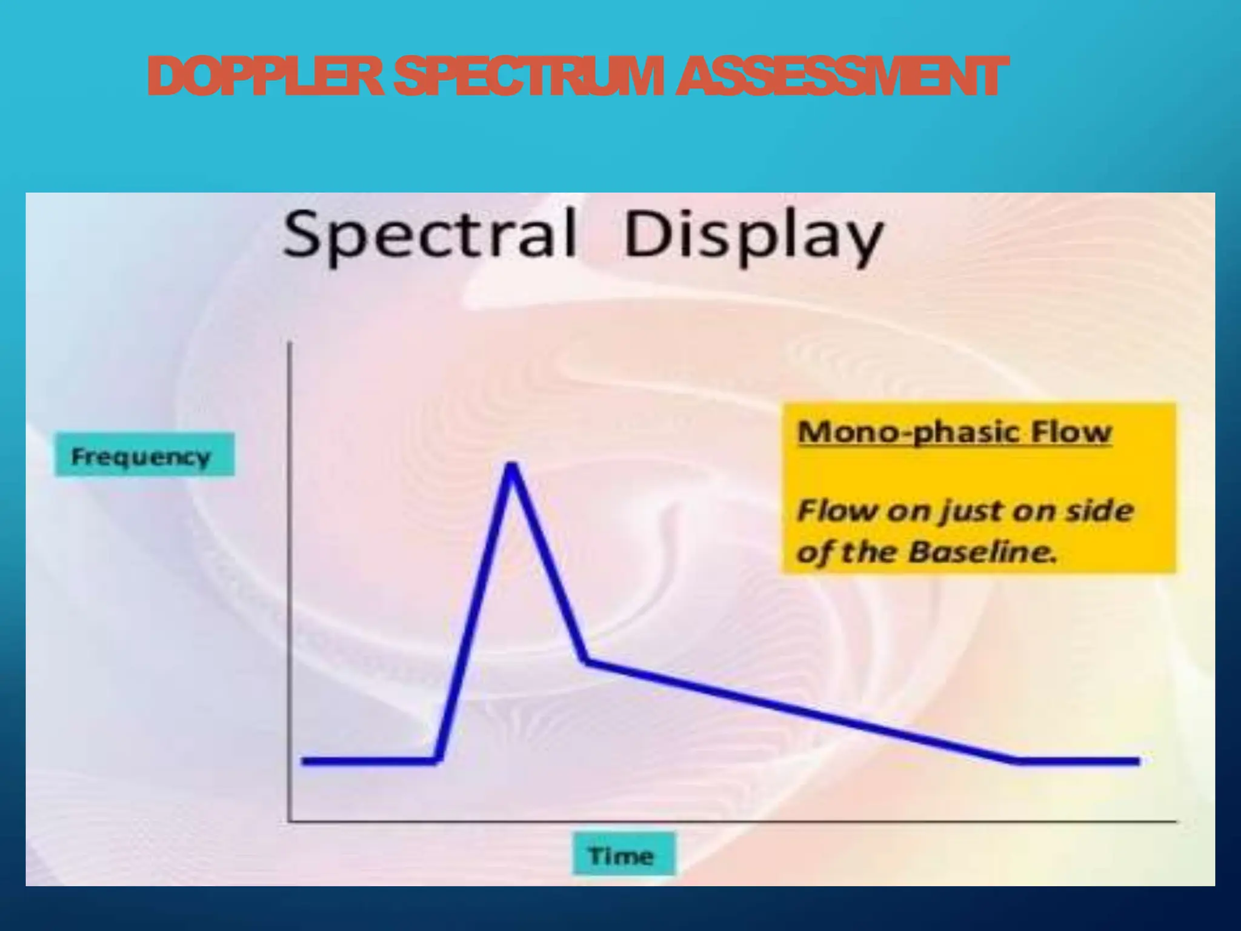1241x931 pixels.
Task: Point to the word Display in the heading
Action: pos(752,236)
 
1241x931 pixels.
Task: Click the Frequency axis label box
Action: pos(144,455)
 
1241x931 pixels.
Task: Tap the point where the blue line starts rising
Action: pos(438,761)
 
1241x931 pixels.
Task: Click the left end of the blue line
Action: pos(304,761)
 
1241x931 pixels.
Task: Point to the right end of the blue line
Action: pos(1138,761)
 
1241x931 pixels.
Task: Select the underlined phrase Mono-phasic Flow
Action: pos(954,432)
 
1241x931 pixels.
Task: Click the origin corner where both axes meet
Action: pos(290,821)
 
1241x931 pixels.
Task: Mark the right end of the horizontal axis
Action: pos(1176,821)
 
